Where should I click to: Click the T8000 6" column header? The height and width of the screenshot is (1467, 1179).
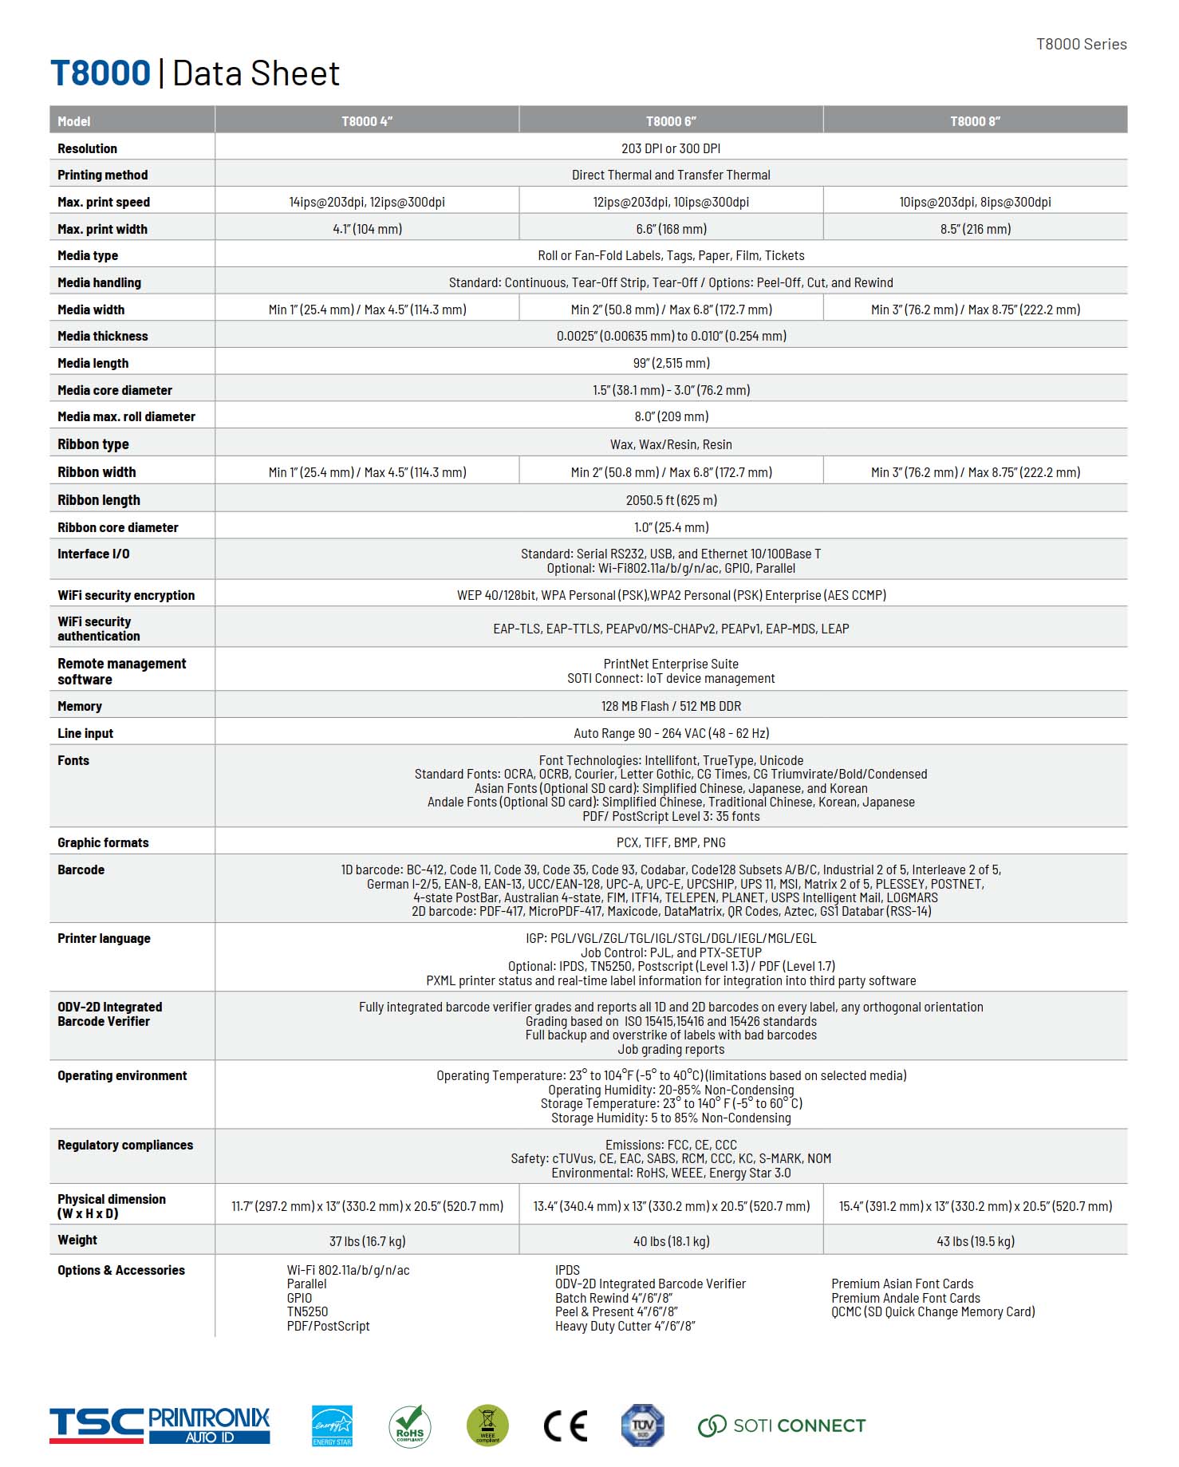[x=671, y=121]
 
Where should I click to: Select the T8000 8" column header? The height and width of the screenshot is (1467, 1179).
[x=975, y=121]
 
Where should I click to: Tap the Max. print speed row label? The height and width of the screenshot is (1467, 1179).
[x=104, y=203]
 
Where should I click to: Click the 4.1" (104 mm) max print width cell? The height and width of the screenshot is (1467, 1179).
[x=367, y=229]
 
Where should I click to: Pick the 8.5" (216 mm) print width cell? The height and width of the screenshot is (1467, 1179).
[x=975, y=229]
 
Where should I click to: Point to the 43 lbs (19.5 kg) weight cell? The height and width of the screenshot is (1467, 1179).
[x=975, y=1241]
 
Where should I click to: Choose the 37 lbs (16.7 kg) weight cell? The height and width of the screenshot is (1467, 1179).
[x=367, y=1241]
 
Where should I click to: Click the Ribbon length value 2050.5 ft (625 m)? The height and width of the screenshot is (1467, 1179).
[x=671, y=500]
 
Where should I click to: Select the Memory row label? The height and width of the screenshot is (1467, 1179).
[x=80, y=707]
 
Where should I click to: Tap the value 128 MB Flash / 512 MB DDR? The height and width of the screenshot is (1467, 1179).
[x=671, y=707]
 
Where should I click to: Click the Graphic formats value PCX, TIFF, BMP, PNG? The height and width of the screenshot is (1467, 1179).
[x=671, y=842]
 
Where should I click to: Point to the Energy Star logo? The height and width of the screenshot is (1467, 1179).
[x=332, y=1425]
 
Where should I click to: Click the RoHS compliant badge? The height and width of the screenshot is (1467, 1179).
[x=410, y=1426]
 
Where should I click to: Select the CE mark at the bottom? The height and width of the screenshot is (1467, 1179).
[x=565, y=1426]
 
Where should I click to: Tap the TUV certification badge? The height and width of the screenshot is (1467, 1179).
[x=642, y=1426]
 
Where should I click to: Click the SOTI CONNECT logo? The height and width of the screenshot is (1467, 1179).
[x=782, y=1426]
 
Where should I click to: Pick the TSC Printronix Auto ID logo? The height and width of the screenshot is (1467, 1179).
[x=160, y=1426]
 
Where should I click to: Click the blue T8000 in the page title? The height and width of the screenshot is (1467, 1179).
[x=101, y=73]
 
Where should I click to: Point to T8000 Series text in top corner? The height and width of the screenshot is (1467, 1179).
[x=1081, y=45]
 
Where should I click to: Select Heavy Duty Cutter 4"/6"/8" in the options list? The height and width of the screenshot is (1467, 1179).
[x=625, y=1327]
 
